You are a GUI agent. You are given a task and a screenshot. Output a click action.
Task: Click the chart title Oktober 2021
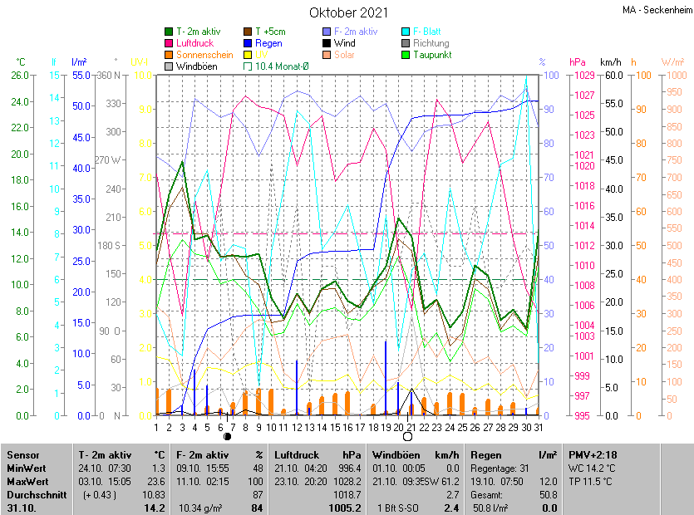click(x=348, y=12)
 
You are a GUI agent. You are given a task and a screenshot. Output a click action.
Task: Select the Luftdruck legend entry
click(x=195, y=42)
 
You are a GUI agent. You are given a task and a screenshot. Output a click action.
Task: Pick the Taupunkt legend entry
click(x=431, y=54)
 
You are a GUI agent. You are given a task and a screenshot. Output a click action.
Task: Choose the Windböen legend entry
click(x=196, y=66)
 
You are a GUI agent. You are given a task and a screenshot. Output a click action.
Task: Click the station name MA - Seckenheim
click(x=656, y=10)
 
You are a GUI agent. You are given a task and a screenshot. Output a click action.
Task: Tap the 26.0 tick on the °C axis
click(x=20, y=75)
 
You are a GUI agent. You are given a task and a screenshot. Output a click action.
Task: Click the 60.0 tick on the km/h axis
click(x=613, y=75)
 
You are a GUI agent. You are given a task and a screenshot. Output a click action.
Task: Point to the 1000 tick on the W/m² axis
click(x=674, y=75)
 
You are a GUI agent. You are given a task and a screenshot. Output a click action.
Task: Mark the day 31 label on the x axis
click(x=538, y=427)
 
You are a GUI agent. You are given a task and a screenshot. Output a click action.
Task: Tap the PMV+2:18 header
click(x=592, y=455)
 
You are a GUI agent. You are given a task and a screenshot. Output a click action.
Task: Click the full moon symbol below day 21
click(x=408, y=435)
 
